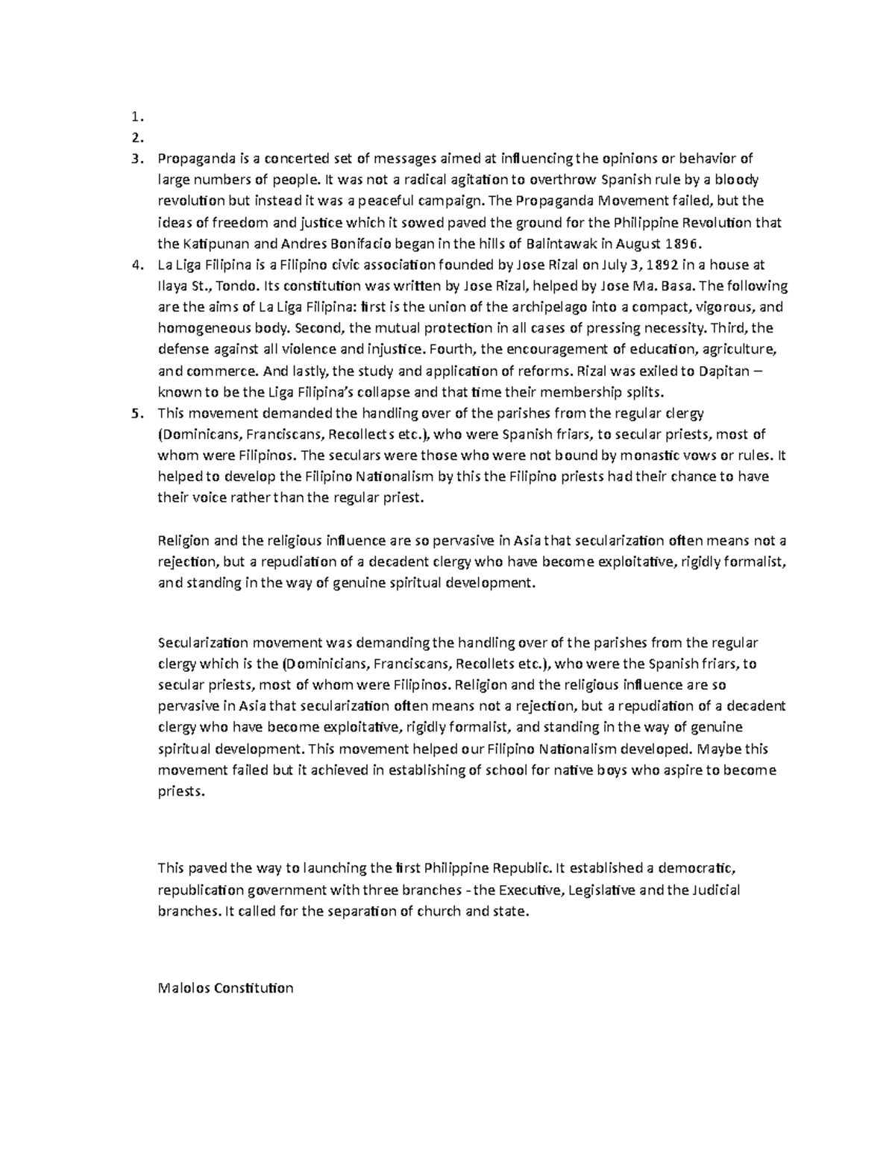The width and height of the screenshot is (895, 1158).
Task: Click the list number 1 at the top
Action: [134, 116]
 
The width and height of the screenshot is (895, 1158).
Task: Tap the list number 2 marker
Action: [135, 136]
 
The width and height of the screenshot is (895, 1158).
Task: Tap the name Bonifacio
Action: [358, 243]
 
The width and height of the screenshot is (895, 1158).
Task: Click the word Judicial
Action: [715, 890]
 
